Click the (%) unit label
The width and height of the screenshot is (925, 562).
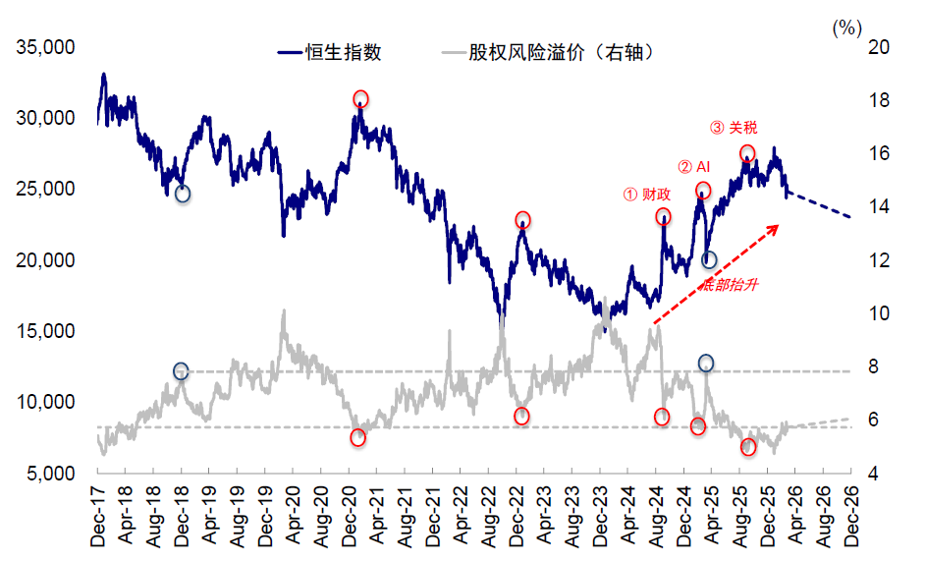pyautogui.click(x=845, y=28)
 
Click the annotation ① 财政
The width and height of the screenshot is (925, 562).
pyautogui.click(x=647, y=195)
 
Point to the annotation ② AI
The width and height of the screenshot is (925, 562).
pyautogui.click(x=694, y=167)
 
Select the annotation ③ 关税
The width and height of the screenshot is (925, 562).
pyautogui.click(x=734, y=128)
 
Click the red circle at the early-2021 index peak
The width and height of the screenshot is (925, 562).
pyautogui.click(x=360, y=99)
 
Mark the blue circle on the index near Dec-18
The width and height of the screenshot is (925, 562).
pyautogui.click(x=183, y=194)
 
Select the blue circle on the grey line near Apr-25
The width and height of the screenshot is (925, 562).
pyautogui.click(x=706, y=364)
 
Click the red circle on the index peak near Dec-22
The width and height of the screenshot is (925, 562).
pyautogui.click(x=522, y=220)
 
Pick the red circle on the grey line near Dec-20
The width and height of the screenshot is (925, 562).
pyautogui.click(x=357, y=437)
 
